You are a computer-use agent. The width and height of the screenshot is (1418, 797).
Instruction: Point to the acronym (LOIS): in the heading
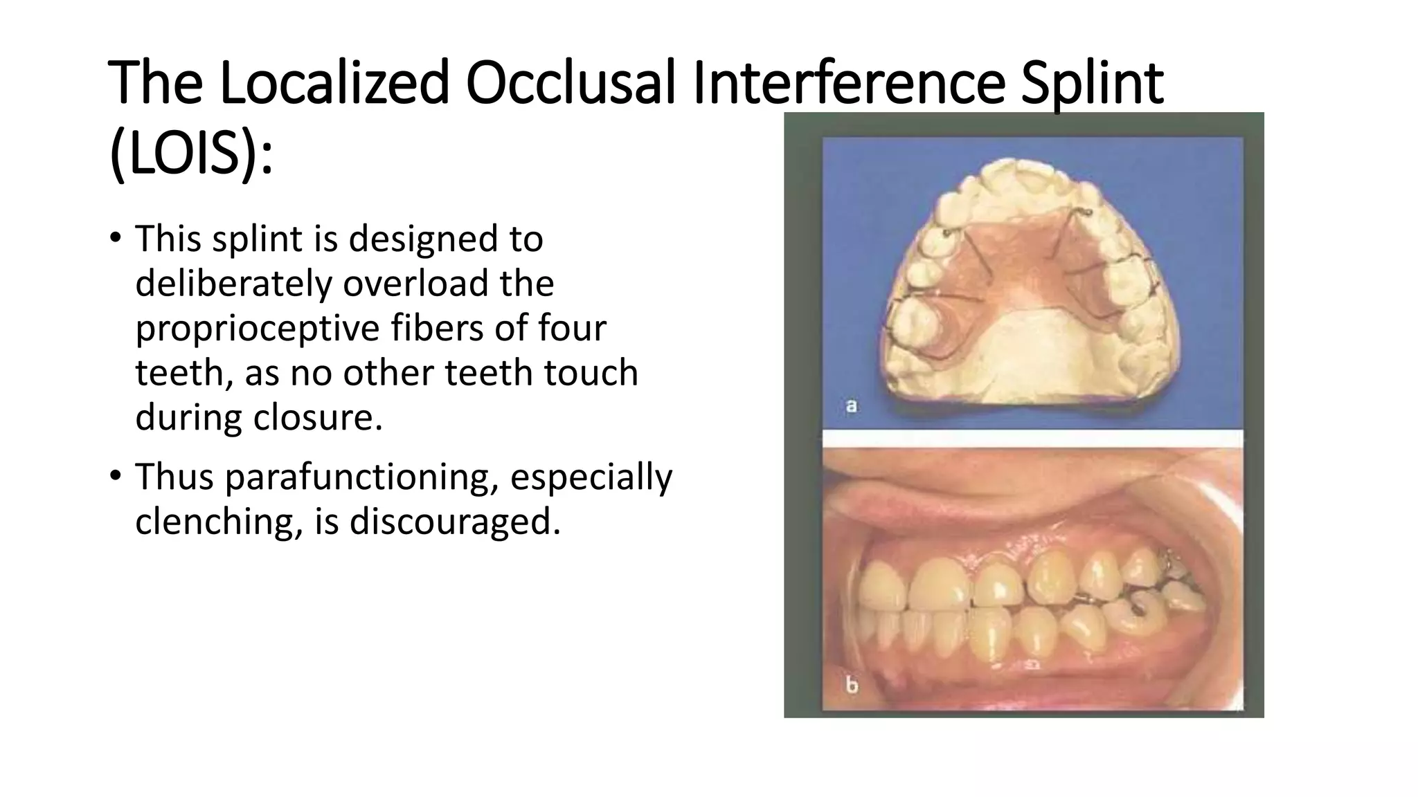pyautogui.click(x=191, y=155)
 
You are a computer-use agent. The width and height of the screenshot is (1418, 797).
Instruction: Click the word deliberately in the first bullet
pyautogui.click(x=233, y=284)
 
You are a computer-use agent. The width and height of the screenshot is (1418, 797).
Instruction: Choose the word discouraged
pyautogui.click(x=454, y=521)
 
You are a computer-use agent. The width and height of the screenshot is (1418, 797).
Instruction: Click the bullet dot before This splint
pyautogui.click(x=116, y=238)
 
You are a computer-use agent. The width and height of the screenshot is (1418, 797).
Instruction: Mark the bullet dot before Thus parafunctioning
pyautogui.click(x=116, y=476)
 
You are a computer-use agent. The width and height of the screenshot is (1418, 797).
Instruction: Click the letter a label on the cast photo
pyautogui.click(x=852, y=405)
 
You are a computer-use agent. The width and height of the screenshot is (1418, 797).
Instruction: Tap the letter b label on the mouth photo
pyautogui.click(x=852, y=685)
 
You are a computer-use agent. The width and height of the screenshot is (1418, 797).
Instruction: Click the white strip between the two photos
pyautogui.click(x=1032, y=438)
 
